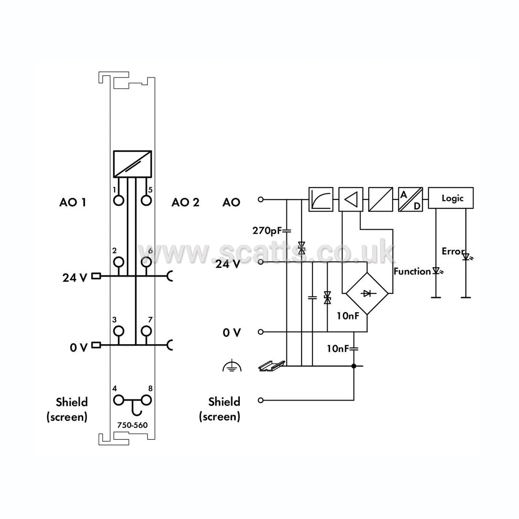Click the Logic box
point(451,198)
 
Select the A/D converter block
point(410,199)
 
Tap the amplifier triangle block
point(351,199)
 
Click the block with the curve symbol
point(321,199)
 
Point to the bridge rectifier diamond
point(367,293)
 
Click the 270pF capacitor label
point(267,230)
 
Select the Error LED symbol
point(467,257)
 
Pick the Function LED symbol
point(438,271)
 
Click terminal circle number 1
point(119,200)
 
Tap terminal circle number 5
point(146,200)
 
